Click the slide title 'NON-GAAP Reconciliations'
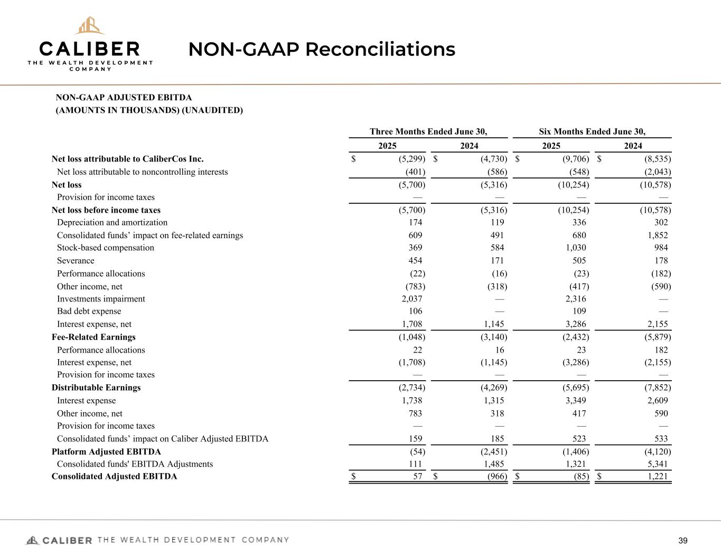click(322, 50)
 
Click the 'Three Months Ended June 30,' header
click(428, 131)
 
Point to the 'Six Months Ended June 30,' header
click(592, 131)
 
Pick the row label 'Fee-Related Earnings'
click(93, 337)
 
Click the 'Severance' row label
click(76, 261)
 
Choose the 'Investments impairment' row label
click(101, 299)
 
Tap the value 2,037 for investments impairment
click(412, 299)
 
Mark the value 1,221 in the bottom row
click(657, 477)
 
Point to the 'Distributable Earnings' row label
click(96, 388)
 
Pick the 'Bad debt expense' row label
click(89, 311)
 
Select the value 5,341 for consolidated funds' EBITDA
click(657, 464)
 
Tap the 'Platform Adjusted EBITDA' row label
click(106, 452)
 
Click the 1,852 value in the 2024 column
click(657, 235)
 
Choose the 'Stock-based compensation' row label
click(106, 248)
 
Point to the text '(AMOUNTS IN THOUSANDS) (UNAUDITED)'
click(149, 110)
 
